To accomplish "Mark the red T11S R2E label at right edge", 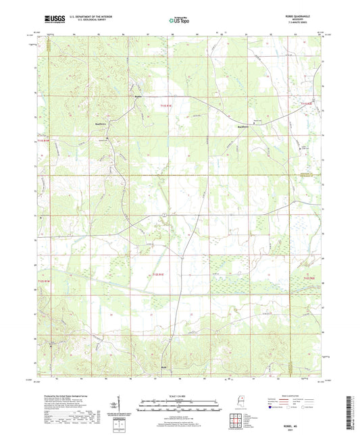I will coord(308,103).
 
